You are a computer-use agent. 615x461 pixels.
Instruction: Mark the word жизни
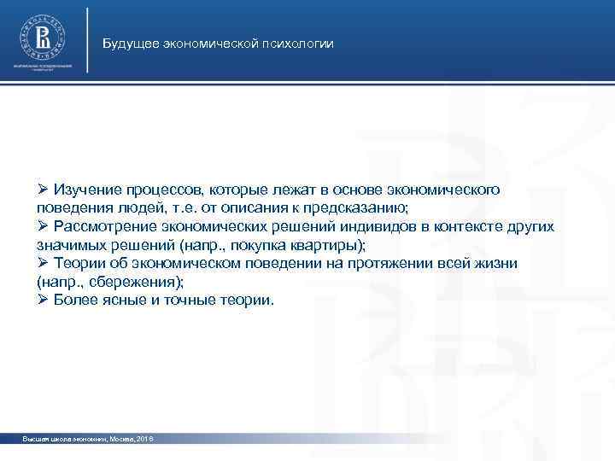495,264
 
